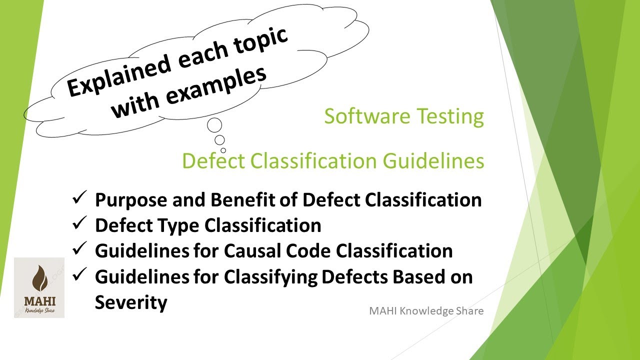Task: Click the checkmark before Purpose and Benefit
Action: click(80, 198)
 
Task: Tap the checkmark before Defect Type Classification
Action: click(80, 224)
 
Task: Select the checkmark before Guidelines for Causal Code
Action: click(80, 250)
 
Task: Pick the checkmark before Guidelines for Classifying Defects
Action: click(80, 276)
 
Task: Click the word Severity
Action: click(131, 302)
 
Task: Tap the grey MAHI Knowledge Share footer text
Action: click(426, 311)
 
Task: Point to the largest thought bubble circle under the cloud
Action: click(214, 125)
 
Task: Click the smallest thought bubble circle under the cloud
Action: click(223, 150)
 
